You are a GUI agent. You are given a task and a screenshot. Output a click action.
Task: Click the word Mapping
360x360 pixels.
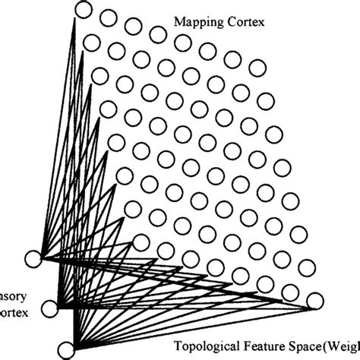(194, 23)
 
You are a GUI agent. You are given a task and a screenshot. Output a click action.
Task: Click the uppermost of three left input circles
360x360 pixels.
(33, 258)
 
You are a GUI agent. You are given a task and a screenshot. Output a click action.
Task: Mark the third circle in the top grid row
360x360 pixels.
(134, 27)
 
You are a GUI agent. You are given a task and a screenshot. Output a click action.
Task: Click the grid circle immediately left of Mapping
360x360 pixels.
(158, 34)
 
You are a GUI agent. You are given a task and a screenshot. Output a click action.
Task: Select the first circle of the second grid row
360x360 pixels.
(91, 42)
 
